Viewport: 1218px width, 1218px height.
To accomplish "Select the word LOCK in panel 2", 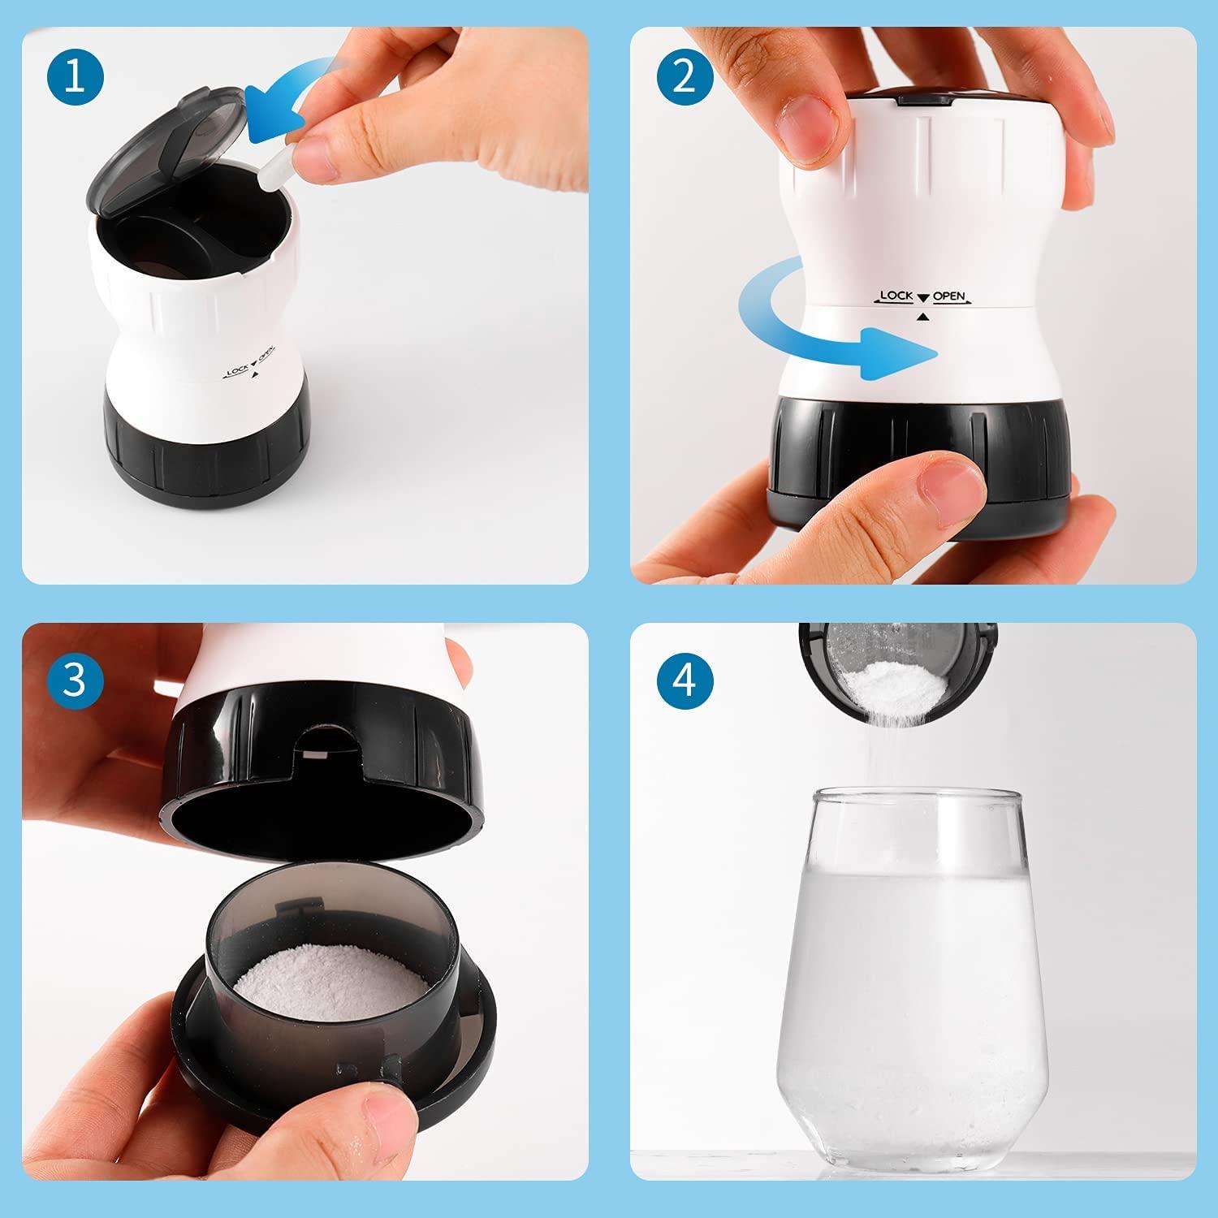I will [896, 296].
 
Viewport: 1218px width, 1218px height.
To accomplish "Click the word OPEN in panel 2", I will [948, 296].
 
